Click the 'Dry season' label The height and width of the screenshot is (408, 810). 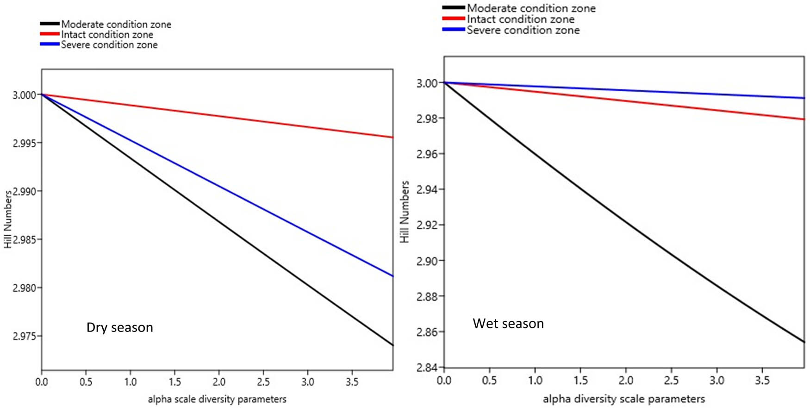(119, 327)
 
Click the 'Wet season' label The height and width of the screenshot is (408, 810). (508, 323)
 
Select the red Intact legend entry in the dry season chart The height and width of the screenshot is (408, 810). (106, 35)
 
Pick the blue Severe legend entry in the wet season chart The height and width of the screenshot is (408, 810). (523, 31)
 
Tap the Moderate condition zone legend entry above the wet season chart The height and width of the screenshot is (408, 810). (530, 8)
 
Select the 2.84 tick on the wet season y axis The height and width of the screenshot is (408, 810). (426, 368)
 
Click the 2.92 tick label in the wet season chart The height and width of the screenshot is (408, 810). (426, 225)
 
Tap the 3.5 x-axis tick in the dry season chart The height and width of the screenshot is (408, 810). (352, 382)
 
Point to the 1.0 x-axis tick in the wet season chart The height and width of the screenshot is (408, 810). (535, 381)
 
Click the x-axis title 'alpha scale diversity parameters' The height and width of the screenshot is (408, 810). (217, 399)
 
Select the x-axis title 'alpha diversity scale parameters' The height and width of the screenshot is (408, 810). (623, 399)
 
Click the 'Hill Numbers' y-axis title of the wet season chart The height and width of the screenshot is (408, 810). (405, 212)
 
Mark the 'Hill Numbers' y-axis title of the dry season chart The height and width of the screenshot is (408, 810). (8, 220)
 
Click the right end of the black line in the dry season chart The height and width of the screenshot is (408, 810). (392, 345)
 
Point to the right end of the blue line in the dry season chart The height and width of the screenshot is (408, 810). (392, 276)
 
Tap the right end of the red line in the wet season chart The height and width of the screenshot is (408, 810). (804, 119)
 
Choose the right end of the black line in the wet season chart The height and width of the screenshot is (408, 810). (804, 341)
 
